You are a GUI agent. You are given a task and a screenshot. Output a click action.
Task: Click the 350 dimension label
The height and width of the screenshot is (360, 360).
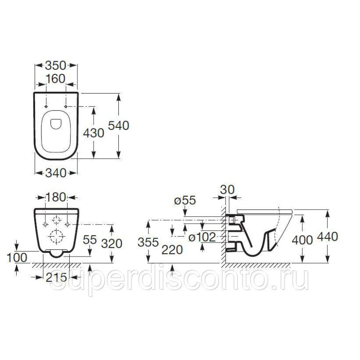point(56,65)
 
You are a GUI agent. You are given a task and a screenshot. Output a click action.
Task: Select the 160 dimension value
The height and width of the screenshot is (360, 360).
point(56,79)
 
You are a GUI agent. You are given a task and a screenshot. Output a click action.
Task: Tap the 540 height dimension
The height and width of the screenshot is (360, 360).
point(118,126)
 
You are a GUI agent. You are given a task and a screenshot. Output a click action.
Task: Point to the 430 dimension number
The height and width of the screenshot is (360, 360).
point(94,133)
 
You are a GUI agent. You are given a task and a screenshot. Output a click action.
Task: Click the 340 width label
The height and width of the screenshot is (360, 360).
point(56,173)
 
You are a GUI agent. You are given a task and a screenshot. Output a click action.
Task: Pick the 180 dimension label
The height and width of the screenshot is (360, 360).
point(56,197)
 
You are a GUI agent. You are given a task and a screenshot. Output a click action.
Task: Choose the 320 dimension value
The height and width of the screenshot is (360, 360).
point(112,243)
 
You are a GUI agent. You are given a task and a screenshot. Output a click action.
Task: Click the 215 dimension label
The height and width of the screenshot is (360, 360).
point(56,278)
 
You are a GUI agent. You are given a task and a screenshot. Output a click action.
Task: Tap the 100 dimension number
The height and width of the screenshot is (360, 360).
point(17,257)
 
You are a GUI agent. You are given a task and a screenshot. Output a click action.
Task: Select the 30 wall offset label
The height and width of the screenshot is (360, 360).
point(227,189)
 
